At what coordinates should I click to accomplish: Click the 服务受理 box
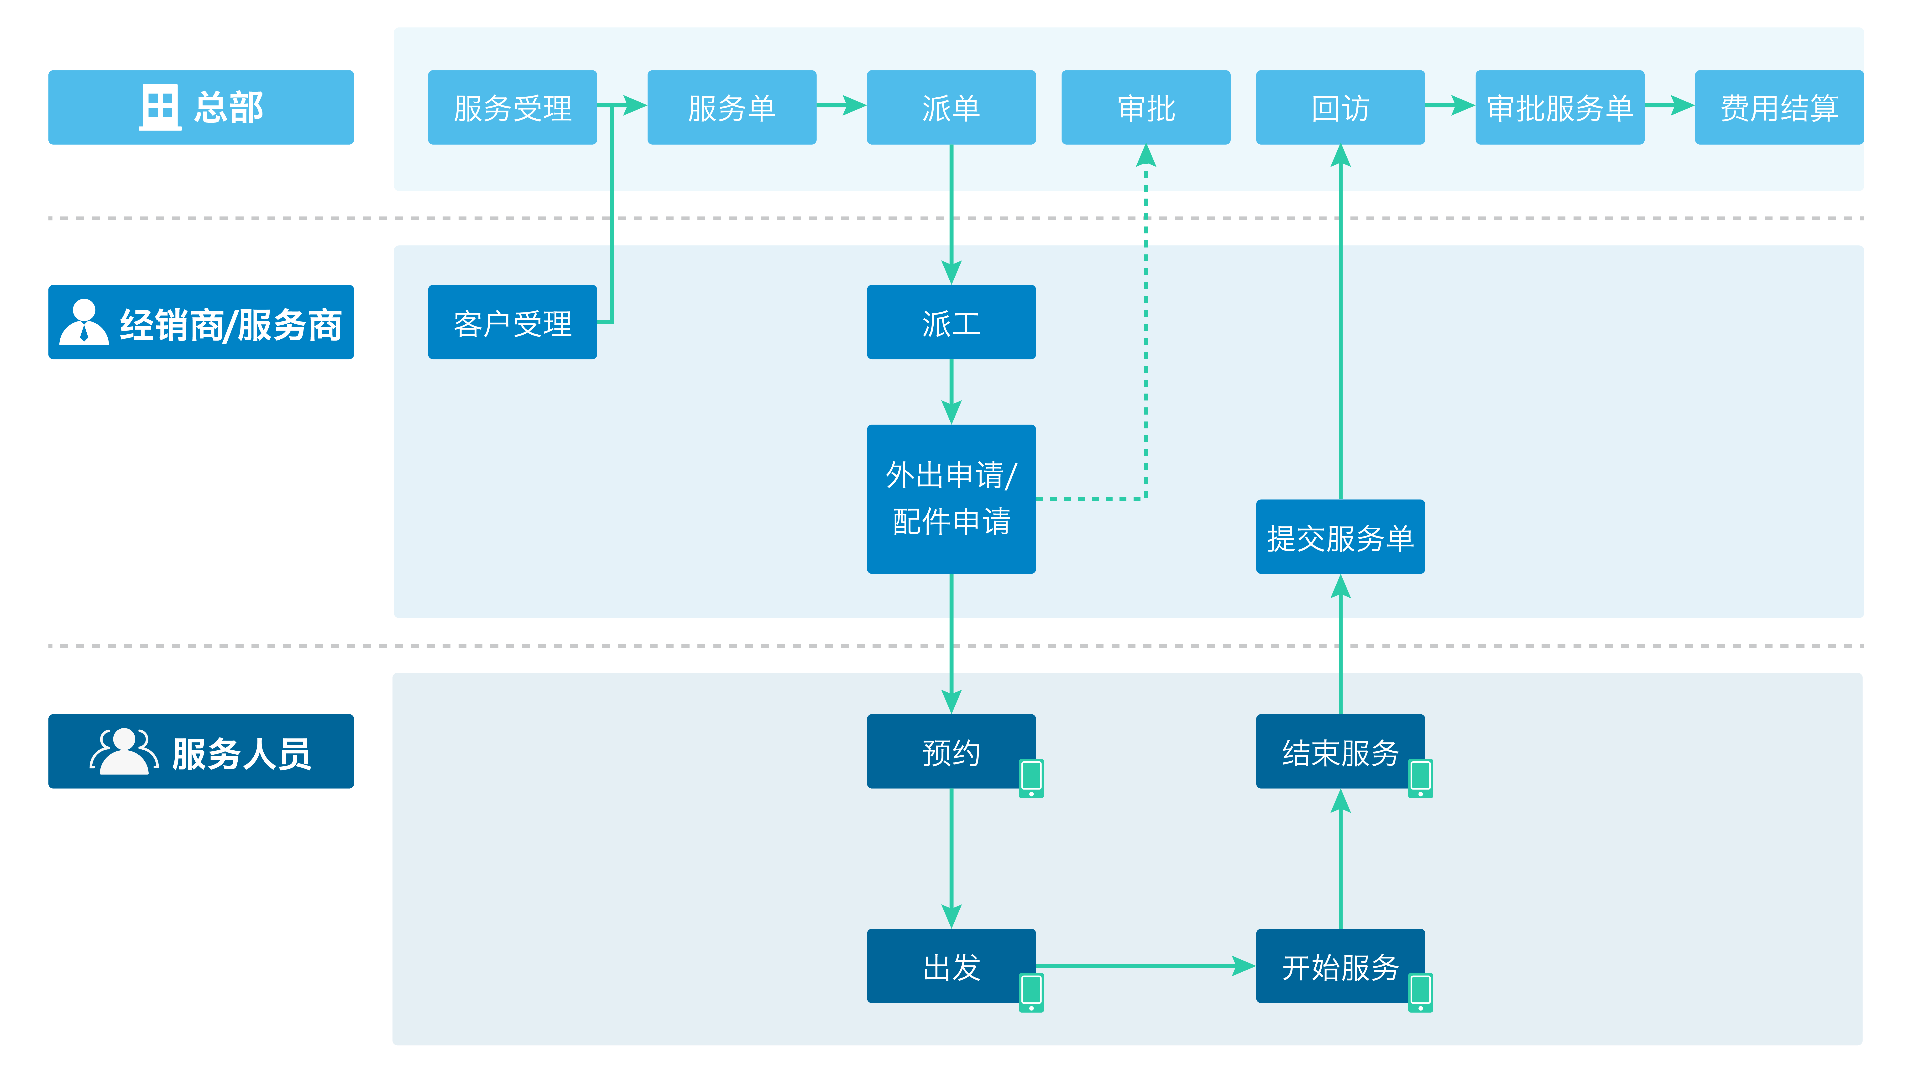(512, 107)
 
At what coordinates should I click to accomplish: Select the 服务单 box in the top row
(732, 107)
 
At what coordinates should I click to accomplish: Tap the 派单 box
(951, 107)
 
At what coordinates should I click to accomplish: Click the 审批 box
(1146, 107)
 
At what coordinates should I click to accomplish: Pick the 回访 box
(1340, 107)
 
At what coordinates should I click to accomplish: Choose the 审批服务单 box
(1559, 107)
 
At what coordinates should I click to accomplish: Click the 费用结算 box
(1778, 107)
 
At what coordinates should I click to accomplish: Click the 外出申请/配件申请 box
(951, 499)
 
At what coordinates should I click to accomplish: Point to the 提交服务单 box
(1340, 537)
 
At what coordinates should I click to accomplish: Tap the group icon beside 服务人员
(124, 752)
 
